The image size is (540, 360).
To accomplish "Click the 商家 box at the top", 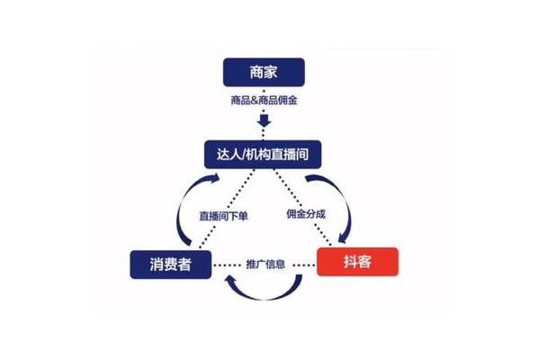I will [264, 72].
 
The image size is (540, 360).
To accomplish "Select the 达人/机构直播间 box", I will [264, 154].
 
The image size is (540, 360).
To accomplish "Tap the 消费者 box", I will [170, 264].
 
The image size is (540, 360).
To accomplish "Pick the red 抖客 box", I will [357, 263].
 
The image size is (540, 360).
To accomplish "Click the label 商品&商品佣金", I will [264, 100].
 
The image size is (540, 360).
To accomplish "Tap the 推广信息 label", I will [265, 264].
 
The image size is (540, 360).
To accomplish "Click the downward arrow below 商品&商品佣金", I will [264, 120].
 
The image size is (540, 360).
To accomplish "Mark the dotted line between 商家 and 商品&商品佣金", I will [264, 89].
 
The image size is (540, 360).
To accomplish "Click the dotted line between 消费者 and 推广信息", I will [226, 264].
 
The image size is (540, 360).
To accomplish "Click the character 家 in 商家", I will [274, 72].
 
